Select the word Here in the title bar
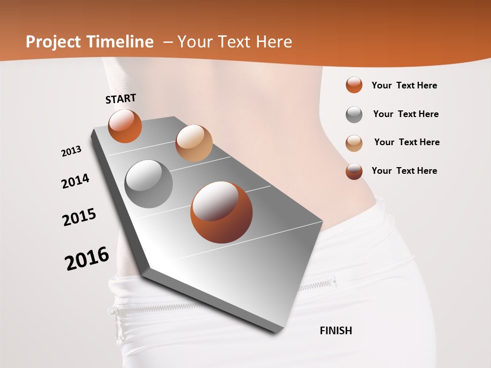point(275,42)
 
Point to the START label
point(121,99)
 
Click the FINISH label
point(336,331)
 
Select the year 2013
point(71,151)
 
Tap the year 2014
point(75,181)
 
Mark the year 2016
point(87,259)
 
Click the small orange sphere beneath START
point(125,126)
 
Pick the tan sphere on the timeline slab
point(194,143)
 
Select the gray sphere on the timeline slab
point(149,184)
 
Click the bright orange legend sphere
point(354,85)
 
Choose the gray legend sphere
point(354,114)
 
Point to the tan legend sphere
point(354,143)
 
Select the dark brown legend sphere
point(354,171)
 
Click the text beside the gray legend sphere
point(406,114)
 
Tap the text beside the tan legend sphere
point(407,142)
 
